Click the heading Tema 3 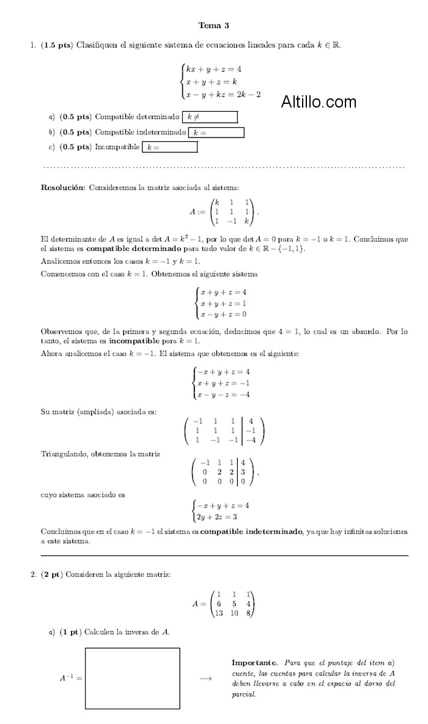click(214, 25)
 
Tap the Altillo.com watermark click(319, 102)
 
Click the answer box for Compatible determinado click(210, 117)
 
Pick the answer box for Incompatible click(170, 147)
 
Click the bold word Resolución click(63, 188)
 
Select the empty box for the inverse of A click(133, 678)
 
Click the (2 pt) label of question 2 click(52, 574)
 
